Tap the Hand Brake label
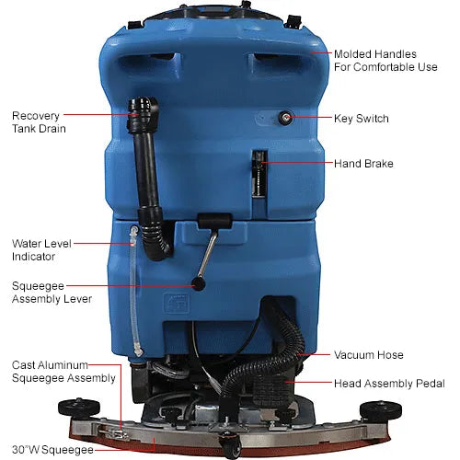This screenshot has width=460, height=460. click(364, 164)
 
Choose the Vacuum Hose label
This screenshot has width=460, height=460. click(369, 354)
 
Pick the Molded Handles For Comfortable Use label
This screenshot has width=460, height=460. click(385, 61)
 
